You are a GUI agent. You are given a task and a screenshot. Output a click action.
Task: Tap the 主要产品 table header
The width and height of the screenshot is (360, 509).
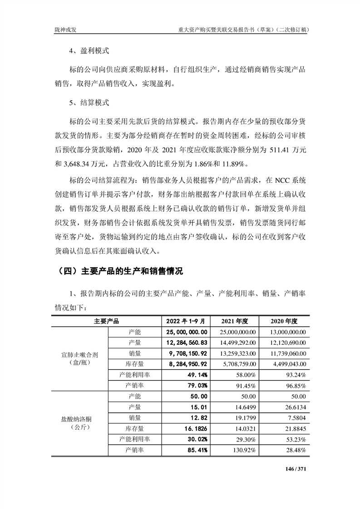(106, 321)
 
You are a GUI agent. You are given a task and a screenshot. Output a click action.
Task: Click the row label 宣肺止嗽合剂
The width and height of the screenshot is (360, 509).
(79, 353)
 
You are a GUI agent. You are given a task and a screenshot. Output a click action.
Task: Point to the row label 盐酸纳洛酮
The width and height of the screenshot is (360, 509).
(79, 417)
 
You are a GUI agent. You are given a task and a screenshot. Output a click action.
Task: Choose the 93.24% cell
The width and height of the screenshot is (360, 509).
(296, 375)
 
